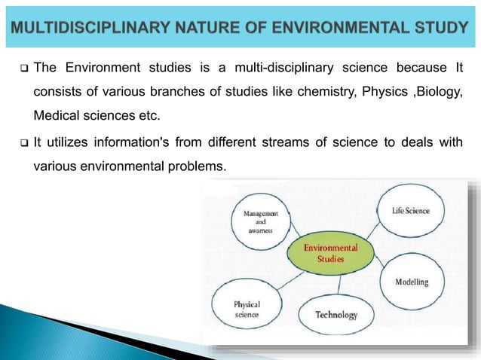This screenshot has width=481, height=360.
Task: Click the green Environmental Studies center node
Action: [330, 253]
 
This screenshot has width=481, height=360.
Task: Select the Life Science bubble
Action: [411, 212]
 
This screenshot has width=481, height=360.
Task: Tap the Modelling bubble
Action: [412, 282]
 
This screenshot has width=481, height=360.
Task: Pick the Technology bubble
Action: [335, 315]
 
